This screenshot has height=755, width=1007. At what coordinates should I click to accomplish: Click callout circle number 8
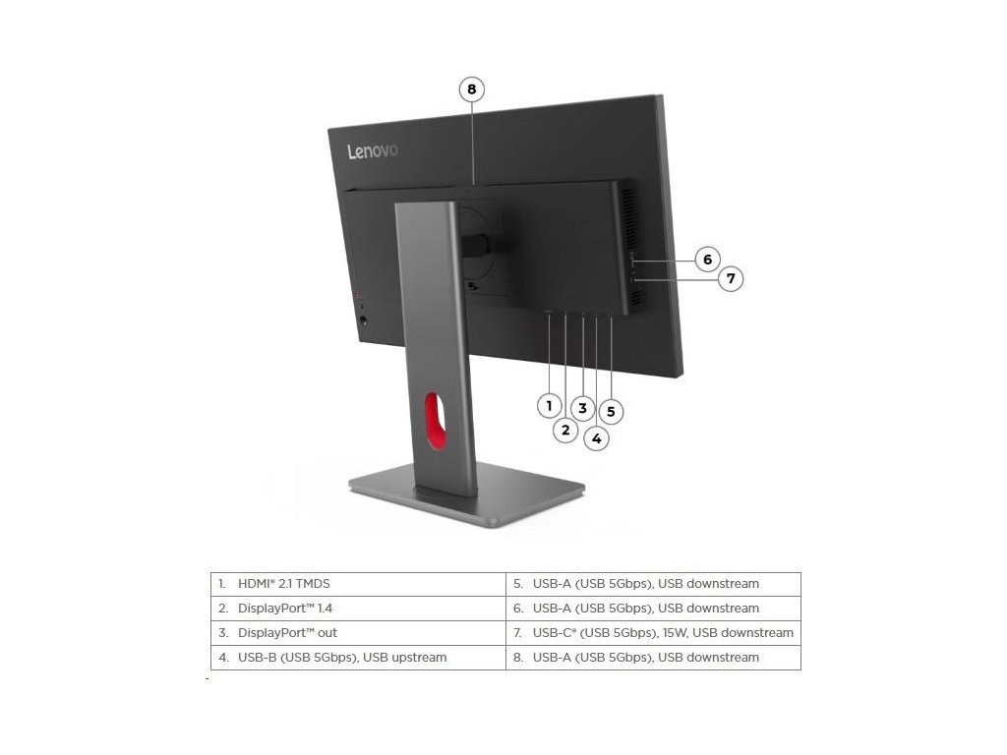coord(472,89)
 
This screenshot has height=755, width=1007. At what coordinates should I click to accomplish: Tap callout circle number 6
coord(707,260)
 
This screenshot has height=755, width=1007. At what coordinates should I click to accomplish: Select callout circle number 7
coord(730,279)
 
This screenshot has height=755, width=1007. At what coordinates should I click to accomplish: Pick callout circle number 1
coord(549,404)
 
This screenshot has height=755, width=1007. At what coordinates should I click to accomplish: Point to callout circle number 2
coord(564,430)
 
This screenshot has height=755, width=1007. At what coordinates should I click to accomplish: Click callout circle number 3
coord(582,408)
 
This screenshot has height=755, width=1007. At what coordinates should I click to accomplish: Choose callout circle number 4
coord(596,438)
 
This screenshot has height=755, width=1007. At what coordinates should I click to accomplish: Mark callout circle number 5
coord(611,412)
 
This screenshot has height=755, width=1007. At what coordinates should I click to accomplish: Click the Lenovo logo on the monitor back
coord(372,151)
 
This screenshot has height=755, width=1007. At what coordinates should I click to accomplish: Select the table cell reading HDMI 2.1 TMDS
coord(358,584)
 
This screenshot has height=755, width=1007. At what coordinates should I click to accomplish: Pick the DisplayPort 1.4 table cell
coord(358,609)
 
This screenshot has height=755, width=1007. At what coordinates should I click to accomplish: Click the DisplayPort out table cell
coord(358,633)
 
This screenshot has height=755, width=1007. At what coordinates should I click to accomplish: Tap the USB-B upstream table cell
coord(358,658)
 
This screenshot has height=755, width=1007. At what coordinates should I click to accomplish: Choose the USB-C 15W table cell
coord(653,633)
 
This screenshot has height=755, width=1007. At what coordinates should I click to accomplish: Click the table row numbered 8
coord(653,658)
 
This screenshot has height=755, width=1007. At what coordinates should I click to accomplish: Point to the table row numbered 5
coord(653,584)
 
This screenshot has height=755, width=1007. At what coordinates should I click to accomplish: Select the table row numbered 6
coord(653,609)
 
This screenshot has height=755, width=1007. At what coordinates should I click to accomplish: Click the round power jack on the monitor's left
coord(366,319)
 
